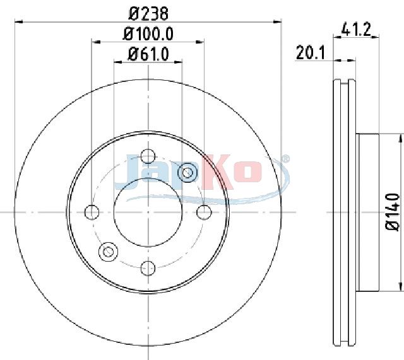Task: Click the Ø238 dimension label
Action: point(148,13)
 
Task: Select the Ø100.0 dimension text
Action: point(148,33)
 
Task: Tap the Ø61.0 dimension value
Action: point(148,54)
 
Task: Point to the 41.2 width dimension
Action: point(356,29)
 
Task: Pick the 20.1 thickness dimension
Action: point(311,52)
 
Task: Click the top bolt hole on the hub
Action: point(148,156)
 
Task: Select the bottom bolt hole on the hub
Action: point(148,268)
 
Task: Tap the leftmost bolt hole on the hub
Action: point(92,212)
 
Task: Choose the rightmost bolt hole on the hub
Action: point(204,212)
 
